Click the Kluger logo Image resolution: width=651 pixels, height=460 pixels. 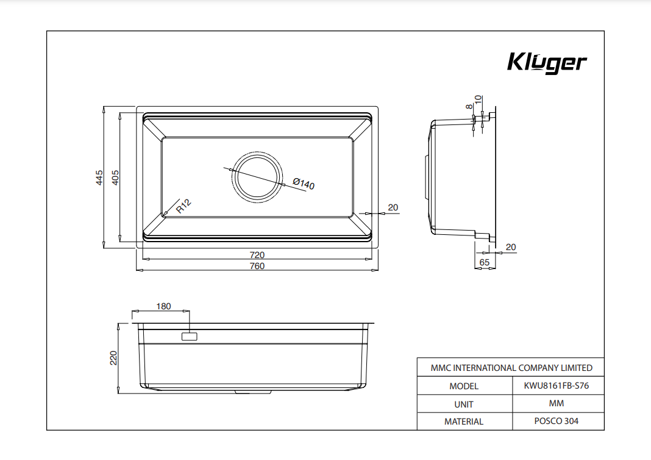pyautogui.click(x=547, y=63)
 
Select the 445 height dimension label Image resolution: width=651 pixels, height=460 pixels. pyautogui.click(x=99, y=178)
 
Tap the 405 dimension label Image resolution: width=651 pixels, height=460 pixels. pyautogui.click(x=115, y=178)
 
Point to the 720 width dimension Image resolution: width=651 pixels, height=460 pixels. pyautogui.click(x=257, y=255)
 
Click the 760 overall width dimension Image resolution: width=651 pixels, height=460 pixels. pyautogui.click(x=257, y=266)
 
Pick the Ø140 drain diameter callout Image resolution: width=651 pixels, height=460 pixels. pyautogui.click(x=304, y=183)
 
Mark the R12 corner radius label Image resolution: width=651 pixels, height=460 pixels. pyautogui.click(x=183, y=206)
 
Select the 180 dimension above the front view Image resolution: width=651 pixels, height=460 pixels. pyautogui.click(x=163, y=306)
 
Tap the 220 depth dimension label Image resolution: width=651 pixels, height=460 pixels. pyautogui.click(x=113, y=358)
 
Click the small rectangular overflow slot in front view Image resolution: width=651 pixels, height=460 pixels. pyautogui.click(x=190, y=337)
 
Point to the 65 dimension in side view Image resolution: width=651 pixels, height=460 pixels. pyautogui.click(x=484, y=262)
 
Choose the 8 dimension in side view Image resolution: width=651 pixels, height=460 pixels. pyautogui.click(x=469, y=106)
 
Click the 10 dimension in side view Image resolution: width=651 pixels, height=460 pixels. pyautogui.click(x=478, y=99)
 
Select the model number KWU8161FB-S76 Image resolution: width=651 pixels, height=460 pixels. pyautogui.click(x=557, y=386)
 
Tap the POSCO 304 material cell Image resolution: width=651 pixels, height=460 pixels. pyautogui.click(x=557, y=421)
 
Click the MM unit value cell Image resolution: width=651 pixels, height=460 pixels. pyautogui.click(x=557, y=403)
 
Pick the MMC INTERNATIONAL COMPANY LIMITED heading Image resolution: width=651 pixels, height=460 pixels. pyautogui.click(x=511, y=368)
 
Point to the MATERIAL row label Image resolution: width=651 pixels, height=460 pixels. pyautogui.click(x=464, y=422)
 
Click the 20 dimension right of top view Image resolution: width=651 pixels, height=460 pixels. pyautogui.click(x=393, y=207)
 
